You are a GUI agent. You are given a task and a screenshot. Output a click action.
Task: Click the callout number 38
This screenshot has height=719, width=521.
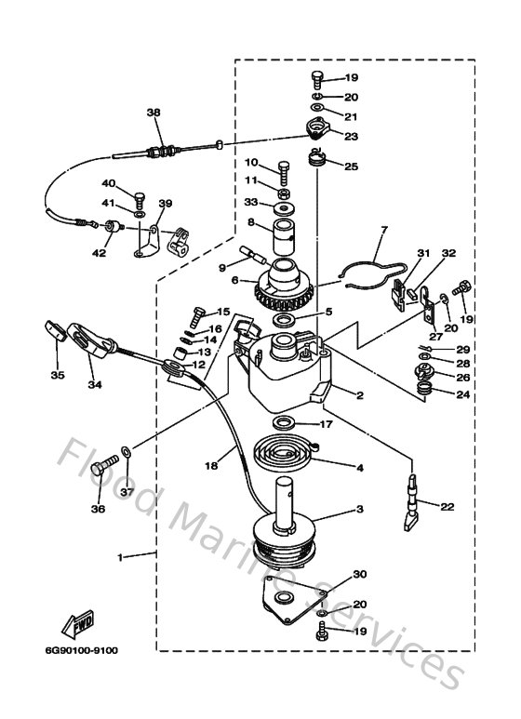click(x=154, y=113)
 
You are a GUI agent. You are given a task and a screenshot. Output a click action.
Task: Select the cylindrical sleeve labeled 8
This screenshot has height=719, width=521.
click(x=284, y=241)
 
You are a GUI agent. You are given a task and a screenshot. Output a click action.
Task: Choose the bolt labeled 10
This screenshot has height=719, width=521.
click(x=283, y=169)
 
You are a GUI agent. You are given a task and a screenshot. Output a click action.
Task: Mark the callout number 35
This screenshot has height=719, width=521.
click(x=56, y=377)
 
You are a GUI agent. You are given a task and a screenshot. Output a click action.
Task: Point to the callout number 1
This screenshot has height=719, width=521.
click(x=119, y=556)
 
